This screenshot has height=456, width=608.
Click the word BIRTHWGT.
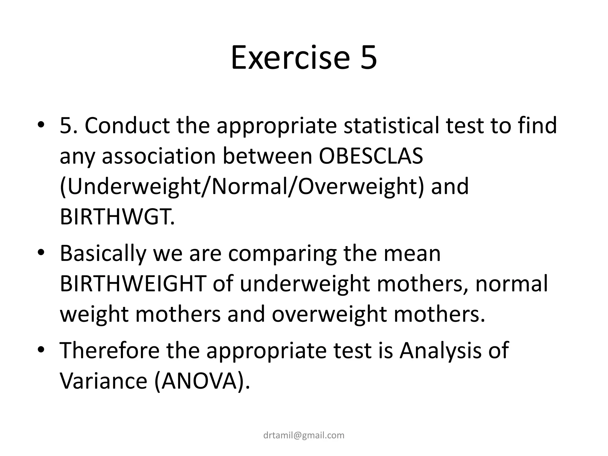pyautogui.click(x=117, y=217)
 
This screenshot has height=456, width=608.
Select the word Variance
pyautogui.click(x=104, y=381)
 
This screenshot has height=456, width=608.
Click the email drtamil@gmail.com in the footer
pyautogui.click(x=304, y=435)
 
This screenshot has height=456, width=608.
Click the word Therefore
pyautogui.click(x=110, y=351)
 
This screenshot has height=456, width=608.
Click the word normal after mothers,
pyautogui.click(x=512, y=284)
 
